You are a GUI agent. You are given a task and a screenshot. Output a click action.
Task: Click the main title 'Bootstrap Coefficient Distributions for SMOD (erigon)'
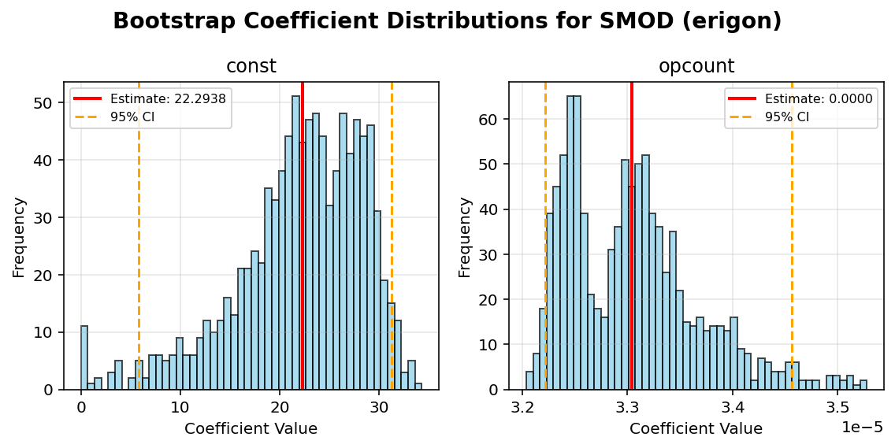point(447,21)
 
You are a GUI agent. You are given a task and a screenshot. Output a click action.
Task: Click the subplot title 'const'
point(251,67)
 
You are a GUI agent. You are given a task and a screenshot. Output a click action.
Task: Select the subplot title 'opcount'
point(696,67)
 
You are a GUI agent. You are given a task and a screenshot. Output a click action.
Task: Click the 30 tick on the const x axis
point(379,409)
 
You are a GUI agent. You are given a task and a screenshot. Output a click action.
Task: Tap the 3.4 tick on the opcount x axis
point(733,409)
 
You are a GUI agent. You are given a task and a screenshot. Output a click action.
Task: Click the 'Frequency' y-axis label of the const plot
point(19,236)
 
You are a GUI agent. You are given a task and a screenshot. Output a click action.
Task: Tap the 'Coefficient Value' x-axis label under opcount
point(696,429)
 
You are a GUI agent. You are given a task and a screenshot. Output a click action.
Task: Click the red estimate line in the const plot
point(302,236)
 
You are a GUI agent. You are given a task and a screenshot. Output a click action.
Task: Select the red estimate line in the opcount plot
point(632,236)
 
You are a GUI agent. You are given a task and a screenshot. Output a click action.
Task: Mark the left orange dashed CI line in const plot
point(139,236)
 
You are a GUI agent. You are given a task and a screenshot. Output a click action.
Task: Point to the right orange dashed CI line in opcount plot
point(792,236)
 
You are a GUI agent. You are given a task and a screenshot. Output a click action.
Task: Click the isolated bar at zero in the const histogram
point(84,358)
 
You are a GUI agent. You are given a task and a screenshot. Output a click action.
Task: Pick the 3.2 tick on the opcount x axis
point(522,409)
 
